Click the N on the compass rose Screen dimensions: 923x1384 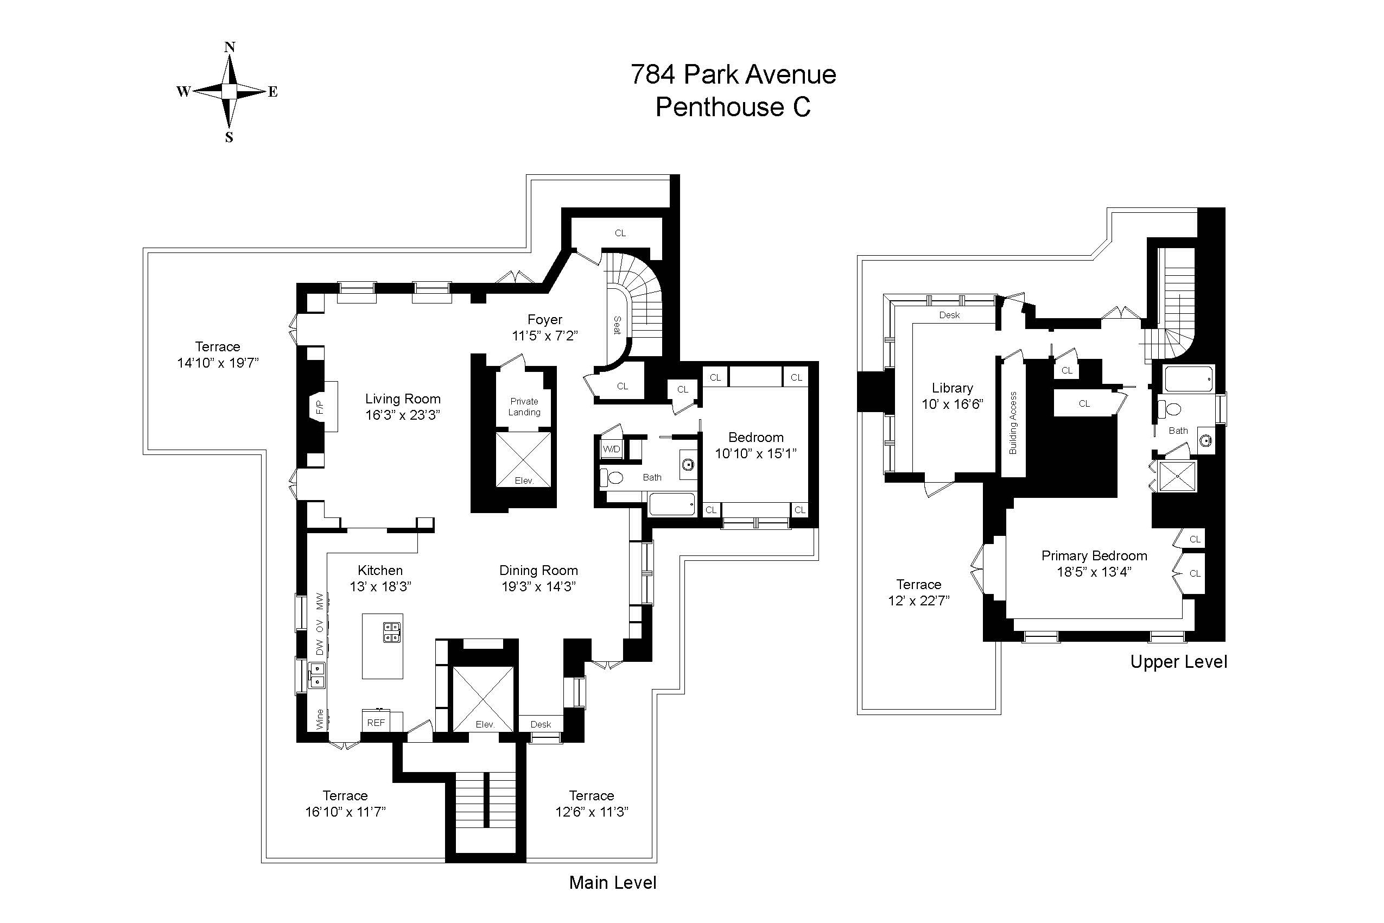(230, 47)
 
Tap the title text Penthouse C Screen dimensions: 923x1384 (733, 107)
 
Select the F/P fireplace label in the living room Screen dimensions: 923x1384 (320, 406)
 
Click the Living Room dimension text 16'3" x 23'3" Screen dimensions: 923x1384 (403, 415)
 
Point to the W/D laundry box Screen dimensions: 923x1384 (611, 449)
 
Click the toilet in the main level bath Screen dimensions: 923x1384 (613, 477)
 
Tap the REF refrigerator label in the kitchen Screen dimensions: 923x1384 (376, 722)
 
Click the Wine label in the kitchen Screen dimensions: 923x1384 (320, 719)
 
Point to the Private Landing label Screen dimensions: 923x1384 (524, 407)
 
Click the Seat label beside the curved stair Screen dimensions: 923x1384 (617, 325)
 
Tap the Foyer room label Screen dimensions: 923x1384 (545, 320)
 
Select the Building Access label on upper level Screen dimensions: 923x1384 (1013, 422)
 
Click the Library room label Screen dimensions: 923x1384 (952, 388)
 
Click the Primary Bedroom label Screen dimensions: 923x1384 (1094, 555)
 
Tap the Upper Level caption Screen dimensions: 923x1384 (1178, 662)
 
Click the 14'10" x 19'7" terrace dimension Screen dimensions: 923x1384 (218, 363)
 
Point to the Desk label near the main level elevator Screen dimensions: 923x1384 (540, 724)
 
